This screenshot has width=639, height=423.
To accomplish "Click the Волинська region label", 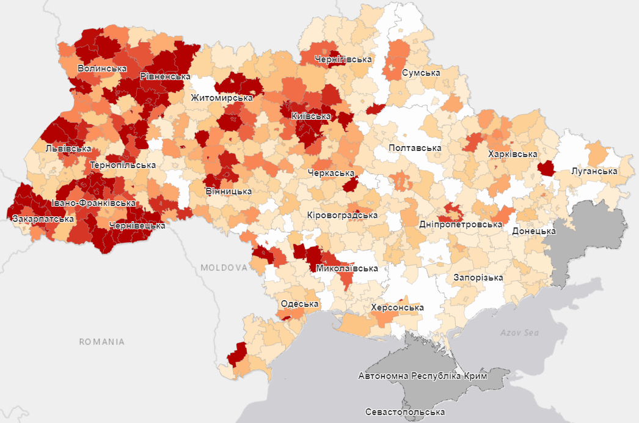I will (x=102, y=68).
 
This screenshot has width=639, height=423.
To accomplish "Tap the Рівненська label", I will (x=165, y=76).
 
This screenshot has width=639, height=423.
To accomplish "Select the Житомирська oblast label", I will (x=222, y=98).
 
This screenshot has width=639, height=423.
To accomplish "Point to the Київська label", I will (x=311, y=116).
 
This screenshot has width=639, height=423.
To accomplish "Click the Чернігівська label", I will (x=343, y=60).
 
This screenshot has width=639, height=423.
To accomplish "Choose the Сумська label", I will (x=421, y=73).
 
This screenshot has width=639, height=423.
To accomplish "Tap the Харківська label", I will (x=513, y=155).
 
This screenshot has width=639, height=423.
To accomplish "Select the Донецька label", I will (x=534, y=231).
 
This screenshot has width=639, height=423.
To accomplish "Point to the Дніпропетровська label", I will (x=461, y=224).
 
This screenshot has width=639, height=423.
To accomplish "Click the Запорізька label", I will (x=478, y=278).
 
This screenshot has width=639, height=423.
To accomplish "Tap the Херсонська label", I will (x=397, y=307).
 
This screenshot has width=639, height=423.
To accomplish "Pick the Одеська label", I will (x=299, y=304).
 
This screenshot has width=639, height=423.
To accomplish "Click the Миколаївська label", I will (x=348, y=268).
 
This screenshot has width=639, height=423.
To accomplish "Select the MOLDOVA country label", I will (x=224, y=268).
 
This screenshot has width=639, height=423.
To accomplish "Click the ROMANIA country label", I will (x=102, y=342).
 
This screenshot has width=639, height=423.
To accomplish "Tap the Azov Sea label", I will (x=520, y=333).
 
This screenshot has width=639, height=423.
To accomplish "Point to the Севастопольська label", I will (x=405, y=412).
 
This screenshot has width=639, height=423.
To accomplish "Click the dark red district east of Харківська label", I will (x=546, y=168).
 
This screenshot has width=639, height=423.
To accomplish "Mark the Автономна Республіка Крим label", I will (x=423, y=376).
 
